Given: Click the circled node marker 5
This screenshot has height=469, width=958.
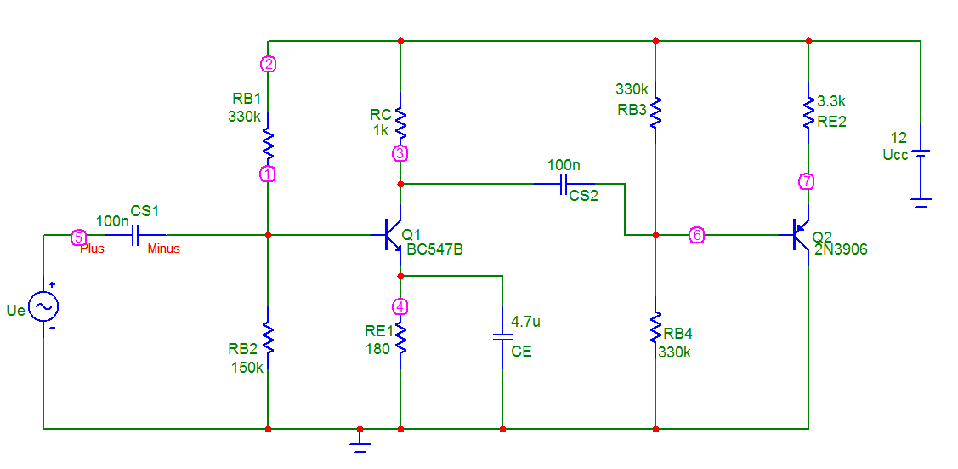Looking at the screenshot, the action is tap(77, 236).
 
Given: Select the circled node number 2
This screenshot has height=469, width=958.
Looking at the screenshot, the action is tap(268, 63).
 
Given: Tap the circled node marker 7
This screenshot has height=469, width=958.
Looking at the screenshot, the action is tap(808, 181).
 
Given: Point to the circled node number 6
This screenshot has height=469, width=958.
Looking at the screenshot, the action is tap(696, 235).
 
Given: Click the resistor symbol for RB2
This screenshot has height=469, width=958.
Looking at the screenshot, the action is tap(268, 338).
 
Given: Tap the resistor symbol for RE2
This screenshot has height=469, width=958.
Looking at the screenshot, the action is tap(808, 113).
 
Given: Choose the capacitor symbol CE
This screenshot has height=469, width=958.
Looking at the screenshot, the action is tap(502, 336).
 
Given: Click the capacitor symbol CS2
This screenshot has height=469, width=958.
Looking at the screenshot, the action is tap(564, 184).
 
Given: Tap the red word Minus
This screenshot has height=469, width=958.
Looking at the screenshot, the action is tap(164, 249).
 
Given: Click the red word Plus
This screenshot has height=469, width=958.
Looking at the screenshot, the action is tap(93, 249).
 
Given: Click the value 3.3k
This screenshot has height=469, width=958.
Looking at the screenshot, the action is tap(830, 100).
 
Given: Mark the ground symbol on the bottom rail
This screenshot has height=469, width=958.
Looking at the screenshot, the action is tap(360, 444).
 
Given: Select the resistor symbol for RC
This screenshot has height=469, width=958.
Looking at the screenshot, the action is tap(400, 123).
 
